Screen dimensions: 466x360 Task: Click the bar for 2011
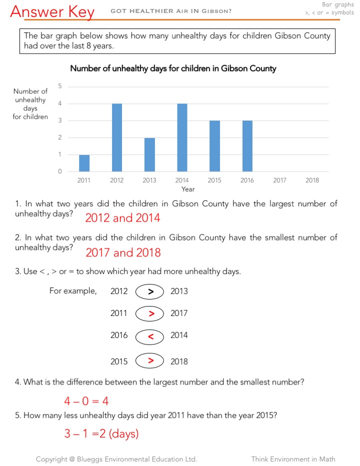click(84, 163)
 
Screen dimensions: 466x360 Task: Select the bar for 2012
click(116, 137)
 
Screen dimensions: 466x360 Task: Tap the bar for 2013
click(149, 154)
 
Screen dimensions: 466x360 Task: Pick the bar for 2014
click(182, 137)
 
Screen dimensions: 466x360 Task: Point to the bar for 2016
click(247, 146)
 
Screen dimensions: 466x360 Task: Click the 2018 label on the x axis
click(312, 180)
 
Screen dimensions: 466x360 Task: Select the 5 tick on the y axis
click(60, 86)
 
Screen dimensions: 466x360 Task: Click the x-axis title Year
click(188, 189)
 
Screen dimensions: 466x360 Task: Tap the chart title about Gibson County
click(173, 68)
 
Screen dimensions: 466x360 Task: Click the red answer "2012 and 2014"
click(122, 218)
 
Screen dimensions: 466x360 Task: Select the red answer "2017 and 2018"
click(123, 252)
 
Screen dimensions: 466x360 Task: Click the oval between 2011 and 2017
click(149, 313)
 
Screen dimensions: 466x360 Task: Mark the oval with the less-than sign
click(149, 336)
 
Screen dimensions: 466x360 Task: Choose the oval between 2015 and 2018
click(149, 360)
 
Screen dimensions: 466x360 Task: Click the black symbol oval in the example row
click(149, 291)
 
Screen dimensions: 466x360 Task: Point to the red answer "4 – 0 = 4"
click(86, 401)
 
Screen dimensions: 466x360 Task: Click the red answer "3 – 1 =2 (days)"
click(101, 434)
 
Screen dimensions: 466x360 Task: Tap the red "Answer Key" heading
click(52, 11)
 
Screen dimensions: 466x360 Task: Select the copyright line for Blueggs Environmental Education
click(116, 459)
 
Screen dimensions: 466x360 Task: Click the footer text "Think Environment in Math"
click(293, 459)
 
